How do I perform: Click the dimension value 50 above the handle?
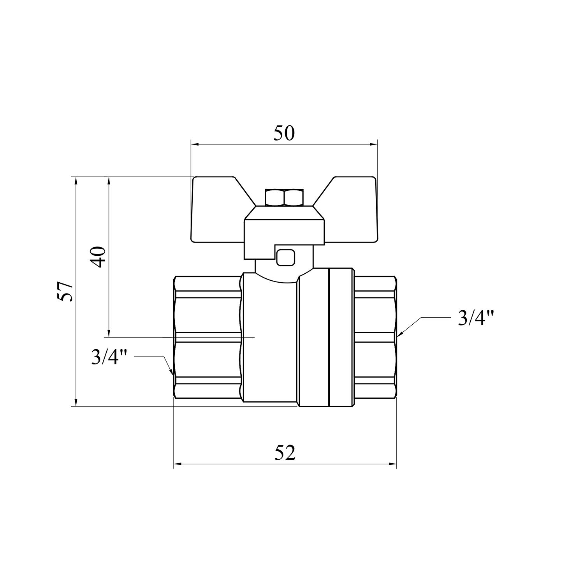pos(284,133)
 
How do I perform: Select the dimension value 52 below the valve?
pos(284,453)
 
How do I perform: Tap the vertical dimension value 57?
pos(65,290)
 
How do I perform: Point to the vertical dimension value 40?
pos(99,257)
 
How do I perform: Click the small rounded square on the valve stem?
pos(285,257)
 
